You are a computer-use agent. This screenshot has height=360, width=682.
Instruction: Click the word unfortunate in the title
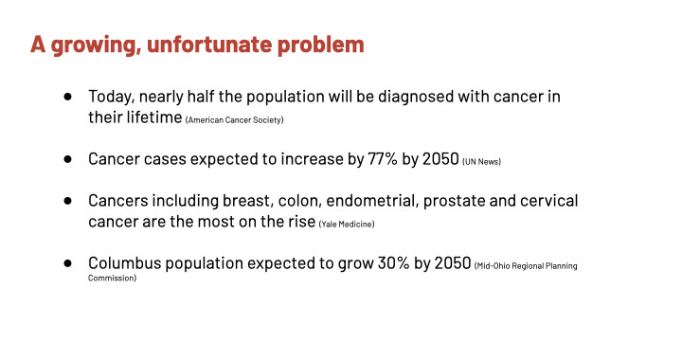click(209, 45)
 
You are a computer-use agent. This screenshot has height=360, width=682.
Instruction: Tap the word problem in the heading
click(320, 45)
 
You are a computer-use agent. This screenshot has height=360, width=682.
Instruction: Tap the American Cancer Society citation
click(235, 120)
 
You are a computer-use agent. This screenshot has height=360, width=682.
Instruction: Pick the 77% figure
click(383, 159)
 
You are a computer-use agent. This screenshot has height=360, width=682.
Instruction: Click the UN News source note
click(481, 162)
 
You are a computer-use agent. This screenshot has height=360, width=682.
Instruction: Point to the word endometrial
click(372, 201)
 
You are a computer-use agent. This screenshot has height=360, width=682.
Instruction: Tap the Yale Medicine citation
click(347, 225)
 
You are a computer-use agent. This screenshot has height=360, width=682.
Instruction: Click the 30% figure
click(393, 263)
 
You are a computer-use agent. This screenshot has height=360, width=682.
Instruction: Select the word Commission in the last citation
click(112, 279)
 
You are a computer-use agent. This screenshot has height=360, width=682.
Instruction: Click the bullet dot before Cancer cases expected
click(67, 159)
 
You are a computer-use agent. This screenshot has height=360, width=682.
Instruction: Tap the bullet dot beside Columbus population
click(67, 263)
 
